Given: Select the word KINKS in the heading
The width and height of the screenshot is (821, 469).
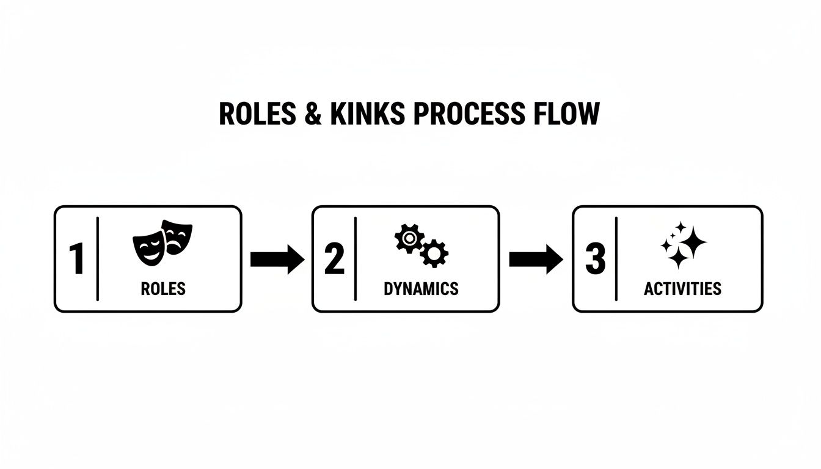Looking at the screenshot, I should tap(366, 114).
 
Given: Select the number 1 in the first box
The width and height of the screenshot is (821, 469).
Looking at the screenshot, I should tap(76, 259).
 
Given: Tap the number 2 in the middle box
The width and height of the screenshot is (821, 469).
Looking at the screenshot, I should tap(334, 259).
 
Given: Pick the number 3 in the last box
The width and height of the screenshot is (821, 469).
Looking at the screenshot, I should tap(595, 259).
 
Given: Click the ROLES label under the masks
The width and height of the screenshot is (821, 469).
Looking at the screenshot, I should tap(163, 289).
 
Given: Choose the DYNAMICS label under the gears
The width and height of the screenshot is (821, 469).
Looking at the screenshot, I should tap(421, 289).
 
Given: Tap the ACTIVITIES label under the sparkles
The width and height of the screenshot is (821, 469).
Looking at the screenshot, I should tap(682, 289).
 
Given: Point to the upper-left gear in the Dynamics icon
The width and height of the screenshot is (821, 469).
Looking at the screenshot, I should tap(409, 238).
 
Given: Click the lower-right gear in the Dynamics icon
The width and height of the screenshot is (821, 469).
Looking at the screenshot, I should tap(434, 253).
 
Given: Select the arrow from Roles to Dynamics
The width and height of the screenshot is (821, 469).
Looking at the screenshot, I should tap(277, 260).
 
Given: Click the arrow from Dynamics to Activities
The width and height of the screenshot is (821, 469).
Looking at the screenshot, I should tap(536, 260).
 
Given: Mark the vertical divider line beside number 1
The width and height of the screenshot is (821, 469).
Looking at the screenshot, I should tap(98, 259).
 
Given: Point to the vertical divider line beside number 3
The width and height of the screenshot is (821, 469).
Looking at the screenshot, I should tap(616, 259).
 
